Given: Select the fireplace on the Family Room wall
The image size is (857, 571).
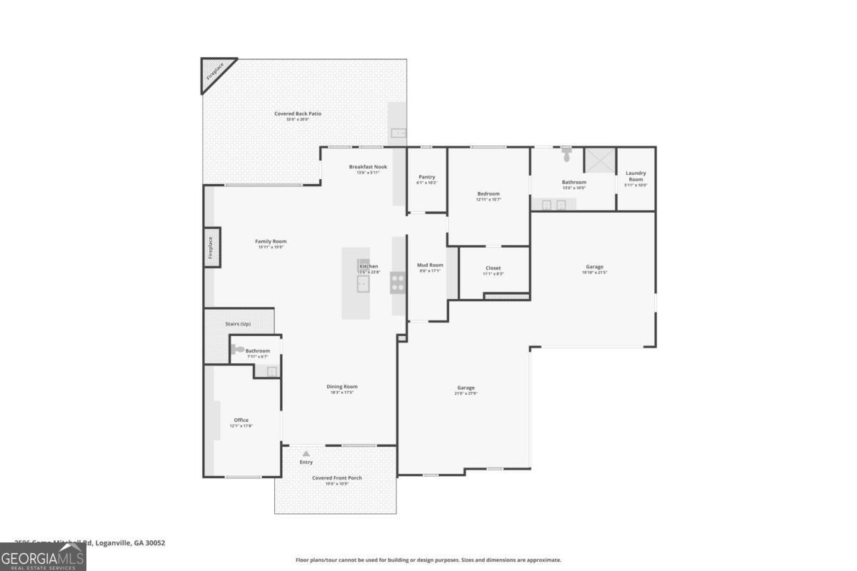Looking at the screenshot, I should click(211, 247).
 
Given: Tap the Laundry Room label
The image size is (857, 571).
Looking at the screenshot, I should click(636, 176).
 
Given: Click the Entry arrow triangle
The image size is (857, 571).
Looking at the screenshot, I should click(306, 453).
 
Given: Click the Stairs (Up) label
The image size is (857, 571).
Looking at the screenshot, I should click(238, 324).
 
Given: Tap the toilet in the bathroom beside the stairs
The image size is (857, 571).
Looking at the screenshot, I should click(238, 349).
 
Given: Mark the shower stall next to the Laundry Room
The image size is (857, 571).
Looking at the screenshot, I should click(599, 160).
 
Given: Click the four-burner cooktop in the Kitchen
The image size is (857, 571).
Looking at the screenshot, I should click(398, 283).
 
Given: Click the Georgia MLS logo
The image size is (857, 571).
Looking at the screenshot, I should click(43, 557).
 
